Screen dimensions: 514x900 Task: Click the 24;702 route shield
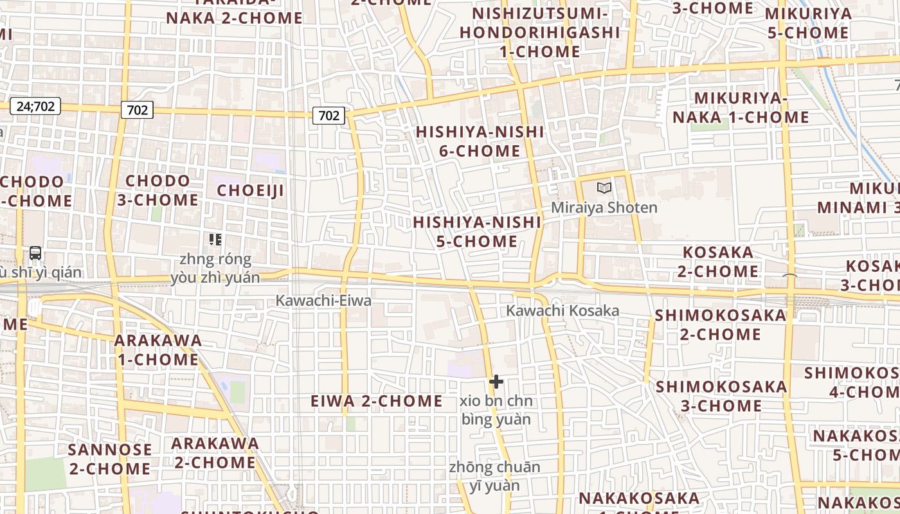point(35,106)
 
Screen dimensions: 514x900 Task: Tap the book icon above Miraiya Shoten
point(604,188)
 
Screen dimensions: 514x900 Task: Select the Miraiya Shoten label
point(604,208)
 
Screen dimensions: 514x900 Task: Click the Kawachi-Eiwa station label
point(323,300)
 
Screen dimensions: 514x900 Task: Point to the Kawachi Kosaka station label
point(562,311)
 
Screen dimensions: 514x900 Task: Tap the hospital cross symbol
point(496,382)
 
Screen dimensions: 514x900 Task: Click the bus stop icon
point(35,253)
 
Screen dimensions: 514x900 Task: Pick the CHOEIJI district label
point(250,191)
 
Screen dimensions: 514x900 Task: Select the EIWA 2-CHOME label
point(377,402)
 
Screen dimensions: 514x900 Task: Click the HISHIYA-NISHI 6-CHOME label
point(480,141)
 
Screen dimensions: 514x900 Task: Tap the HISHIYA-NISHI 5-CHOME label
point(477,232)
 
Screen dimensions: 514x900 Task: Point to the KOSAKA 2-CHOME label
point(718,261)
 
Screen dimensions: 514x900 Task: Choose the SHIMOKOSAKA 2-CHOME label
point(720,324)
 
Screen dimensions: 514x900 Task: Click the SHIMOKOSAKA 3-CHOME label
point(721,396)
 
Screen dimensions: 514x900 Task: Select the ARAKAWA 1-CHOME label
point(158,350)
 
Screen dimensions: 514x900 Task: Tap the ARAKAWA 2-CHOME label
point(215,452)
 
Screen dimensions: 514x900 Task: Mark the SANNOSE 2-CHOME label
point(110,459)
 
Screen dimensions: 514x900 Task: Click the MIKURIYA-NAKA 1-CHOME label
point(741,107)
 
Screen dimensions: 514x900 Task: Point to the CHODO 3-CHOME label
point(157,190)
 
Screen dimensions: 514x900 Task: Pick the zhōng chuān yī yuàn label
point(494,476)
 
